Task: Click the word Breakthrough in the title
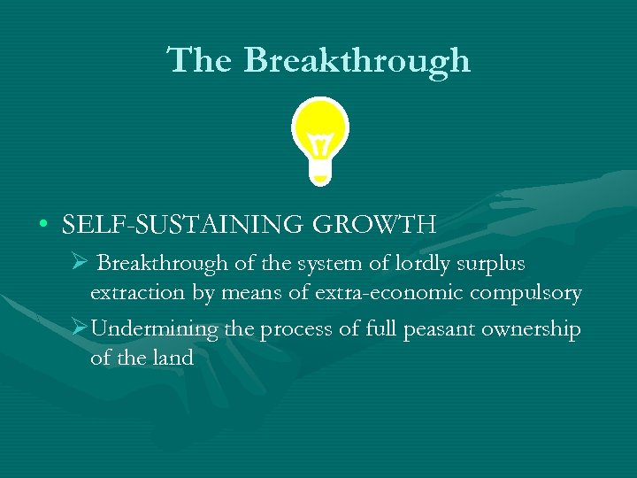357,60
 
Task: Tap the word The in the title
202,60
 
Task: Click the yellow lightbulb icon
320,137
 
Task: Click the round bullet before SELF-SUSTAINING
42,225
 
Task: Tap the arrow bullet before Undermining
79,328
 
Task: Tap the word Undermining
155,329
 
